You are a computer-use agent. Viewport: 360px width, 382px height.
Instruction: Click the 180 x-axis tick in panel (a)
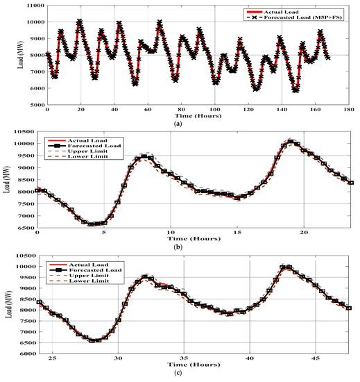[x=350, y=110]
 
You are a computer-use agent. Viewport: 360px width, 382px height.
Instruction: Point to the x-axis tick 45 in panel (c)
[x=315, y=359]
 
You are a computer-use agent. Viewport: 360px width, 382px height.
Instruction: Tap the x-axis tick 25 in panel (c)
[x=51, y=359]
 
